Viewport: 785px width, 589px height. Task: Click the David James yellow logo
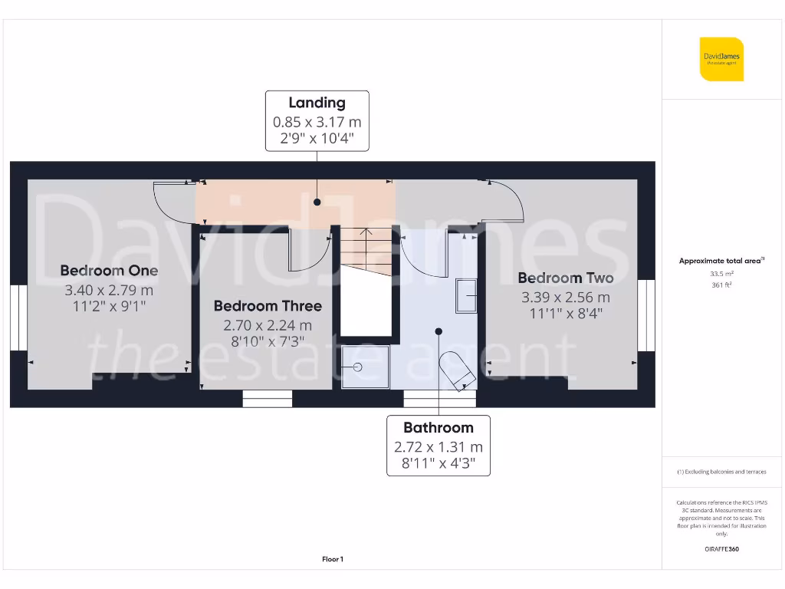tap(721, 59)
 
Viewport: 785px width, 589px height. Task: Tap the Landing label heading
tap(317, 103)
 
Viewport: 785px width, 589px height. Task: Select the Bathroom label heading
tap(438, 428)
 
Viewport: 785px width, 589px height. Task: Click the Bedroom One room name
tap(109, 271)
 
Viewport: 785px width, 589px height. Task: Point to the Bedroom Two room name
tap(566, 278)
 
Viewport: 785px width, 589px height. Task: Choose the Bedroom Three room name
tap(268, 306)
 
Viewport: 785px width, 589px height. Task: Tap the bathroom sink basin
tap(466, 295)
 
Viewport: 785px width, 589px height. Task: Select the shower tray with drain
tap(366, 367)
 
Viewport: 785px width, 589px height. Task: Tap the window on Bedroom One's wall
tap(18, 317)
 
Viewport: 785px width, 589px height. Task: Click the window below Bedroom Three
tap(268, 399)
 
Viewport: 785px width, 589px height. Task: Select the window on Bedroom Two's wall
tap(646, 314)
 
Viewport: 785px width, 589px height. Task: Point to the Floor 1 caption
tap(333, 560)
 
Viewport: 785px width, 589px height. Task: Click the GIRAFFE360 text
tap(721, 549)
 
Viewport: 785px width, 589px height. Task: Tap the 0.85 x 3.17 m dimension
tap(317, 122)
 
